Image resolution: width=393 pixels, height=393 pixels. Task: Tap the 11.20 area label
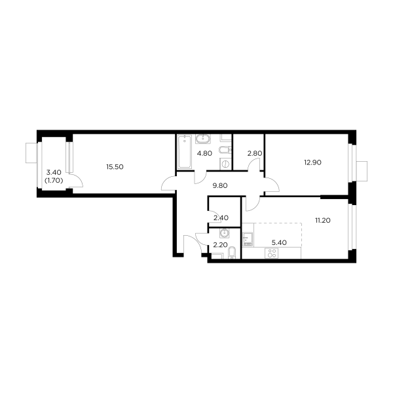(322, 221)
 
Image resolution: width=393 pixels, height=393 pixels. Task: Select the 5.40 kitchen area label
(278, 241)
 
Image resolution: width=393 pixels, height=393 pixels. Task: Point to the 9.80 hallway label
(219, 185)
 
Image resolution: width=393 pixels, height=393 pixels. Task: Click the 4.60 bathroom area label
(205, 155)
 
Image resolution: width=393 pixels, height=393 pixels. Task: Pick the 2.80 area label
(254, 155)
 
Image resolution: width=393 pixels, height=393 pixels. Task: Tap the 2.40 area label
(221, 218)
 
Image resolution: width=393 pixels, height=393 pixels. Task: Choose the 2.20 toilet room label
(220, 244)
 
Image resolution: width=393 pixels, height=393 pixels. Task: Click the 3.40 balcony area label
(52, 174)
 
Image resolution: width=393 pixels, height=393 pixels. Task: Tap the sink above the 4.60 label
(203, 139)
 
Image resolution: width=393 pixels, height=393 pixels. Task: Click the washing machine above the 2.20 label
(225, 233)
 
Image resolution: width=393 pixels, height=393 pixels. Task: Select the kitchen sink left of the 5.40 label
(248, 238)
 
